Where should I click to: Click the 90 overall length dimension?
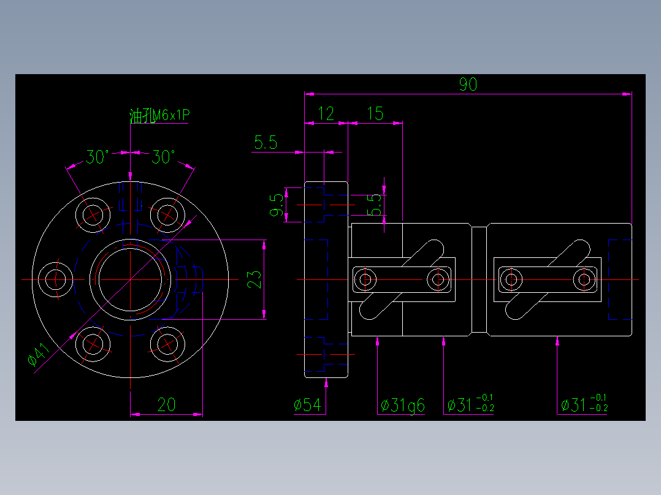pyautogui.click(x=468, y=85)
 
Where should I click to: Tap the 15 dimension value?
pyautogui.click(x=375, y=113)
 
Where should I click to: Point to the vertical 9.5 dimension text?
pyautogui.click(x=277, y=205)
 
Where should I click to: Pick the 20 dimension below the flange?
pyautogui.click(x=166, y=404)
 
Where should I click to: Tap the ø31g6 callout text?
pyautogui.click(x=402, y=405)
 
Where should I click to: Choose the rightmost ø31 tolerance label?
pyautogui.click(x=583, y=404)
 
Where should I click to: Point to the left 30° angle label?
pyautogui.click(x=97, y=157)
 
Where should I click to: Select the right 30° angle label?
pyautogui.click(x=163, y=157)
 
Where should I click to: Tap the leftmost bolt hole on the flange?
pyautogui.click(x=56, y=279)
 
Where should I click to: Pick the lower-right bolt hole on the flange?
pyautogui.click(x=167, y=344)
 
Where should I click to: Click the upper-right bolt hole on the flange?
pyautogui.click(x=167, y=214)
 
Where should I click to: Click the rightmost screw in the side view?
pyautogui.click(x=584, y=280)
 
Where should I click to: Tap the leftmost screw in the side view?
pyautogui.click(x=365, y=280)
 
